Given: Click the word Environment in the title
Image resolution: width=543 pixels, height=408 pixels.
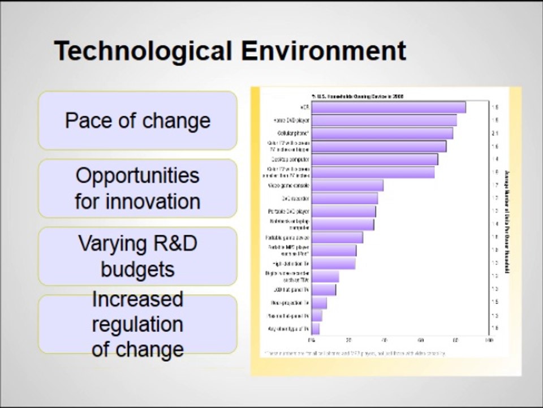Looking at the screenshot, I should pyautogui.click(x=324, y=51).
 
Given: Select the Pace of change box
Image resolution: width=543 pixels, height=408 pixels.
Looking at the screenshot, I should pyautogui.click(x=137, y=121).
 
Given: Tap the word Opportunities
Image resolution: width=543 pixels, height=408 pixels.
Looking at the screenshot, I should pyautogui.click(x=137, y=175).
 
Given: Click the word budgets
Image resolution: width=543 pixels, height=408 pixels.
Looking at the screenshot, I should pyautogui.click(x=137, y=269).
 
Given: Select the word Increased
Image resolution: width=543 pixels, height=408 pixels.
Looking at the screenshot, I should pyautogui.click(x=137, y=299).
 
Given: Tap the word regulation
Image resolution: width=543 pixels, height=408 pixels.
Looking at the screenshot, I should pyautogui.click(x=137, y=325).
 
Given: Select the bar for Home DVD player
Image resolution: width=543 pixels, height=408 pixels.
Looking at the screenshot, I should pyautogui.click(x=384, y=120).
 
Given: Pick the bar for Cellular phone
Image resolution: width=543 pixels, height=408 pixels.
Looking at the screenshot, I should pyautogui.click(x=382, y=133).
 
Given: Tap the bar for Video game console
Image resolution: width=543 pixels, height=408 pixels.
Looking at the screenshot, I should pyautogui.click(x=347, y=185).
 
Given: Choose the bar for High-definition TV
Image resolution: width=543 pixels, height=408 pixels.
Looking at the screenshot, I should pyautogui.click(x=333, y=263).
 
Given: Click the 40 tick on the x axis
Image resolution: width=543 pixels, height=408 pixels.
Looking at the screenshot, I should pyautogui.click(x=385, y=341).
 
